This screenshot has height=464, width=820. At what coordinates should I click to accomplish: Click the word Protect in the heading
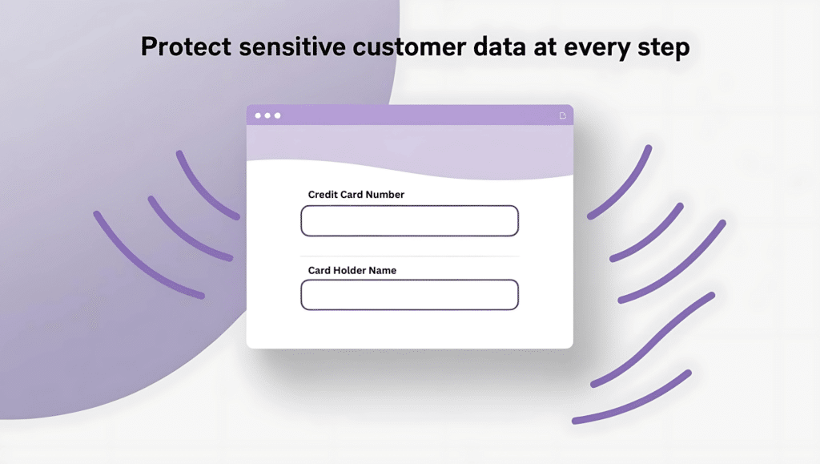click(x=186, y=46)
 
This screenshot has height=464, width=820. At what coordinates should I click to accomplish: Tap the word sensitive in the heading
click(x=292, y=46)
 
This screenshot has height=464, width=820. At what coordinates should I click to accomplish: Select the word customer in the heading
click(x=409, y=46)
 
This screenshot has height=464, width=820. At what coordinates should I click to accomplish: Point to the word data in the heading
click(x=500, y=46)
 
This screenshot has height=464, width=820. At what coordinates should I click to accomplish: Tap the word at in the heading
click(x=545, y=47)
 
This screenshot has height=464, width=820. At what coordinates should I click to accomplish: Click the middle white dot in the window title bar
click(x=267, y=115)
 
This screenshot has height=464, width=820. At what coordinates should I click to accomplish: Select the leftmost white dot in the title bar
click(x=258, y=115)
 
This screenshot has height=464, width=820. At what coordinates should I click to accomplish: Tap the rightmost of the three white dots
click(x=278, y=115)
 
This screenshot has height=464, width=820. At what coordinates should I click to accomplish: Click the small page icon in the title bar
click(x=563, y=115)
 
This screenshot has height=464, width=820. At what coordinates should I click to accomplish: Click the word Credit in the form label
click(x=322, y=195)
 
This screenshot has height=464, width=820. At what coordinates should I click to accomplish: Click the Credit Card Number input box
click(x=409, y=220)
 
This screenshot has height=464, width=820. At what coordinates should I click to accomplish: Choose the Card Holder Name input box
click(x=409, y=295)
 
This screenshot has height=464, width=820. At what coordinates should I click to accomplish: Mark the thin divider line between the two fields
click(x=409, y=256)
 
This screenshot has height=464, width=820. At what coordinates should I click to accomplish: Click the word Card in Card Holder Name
click(x=320, y=270)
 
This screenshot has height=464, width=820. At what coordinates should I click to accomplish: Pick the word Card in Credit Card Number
click(x=351, y=195)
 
